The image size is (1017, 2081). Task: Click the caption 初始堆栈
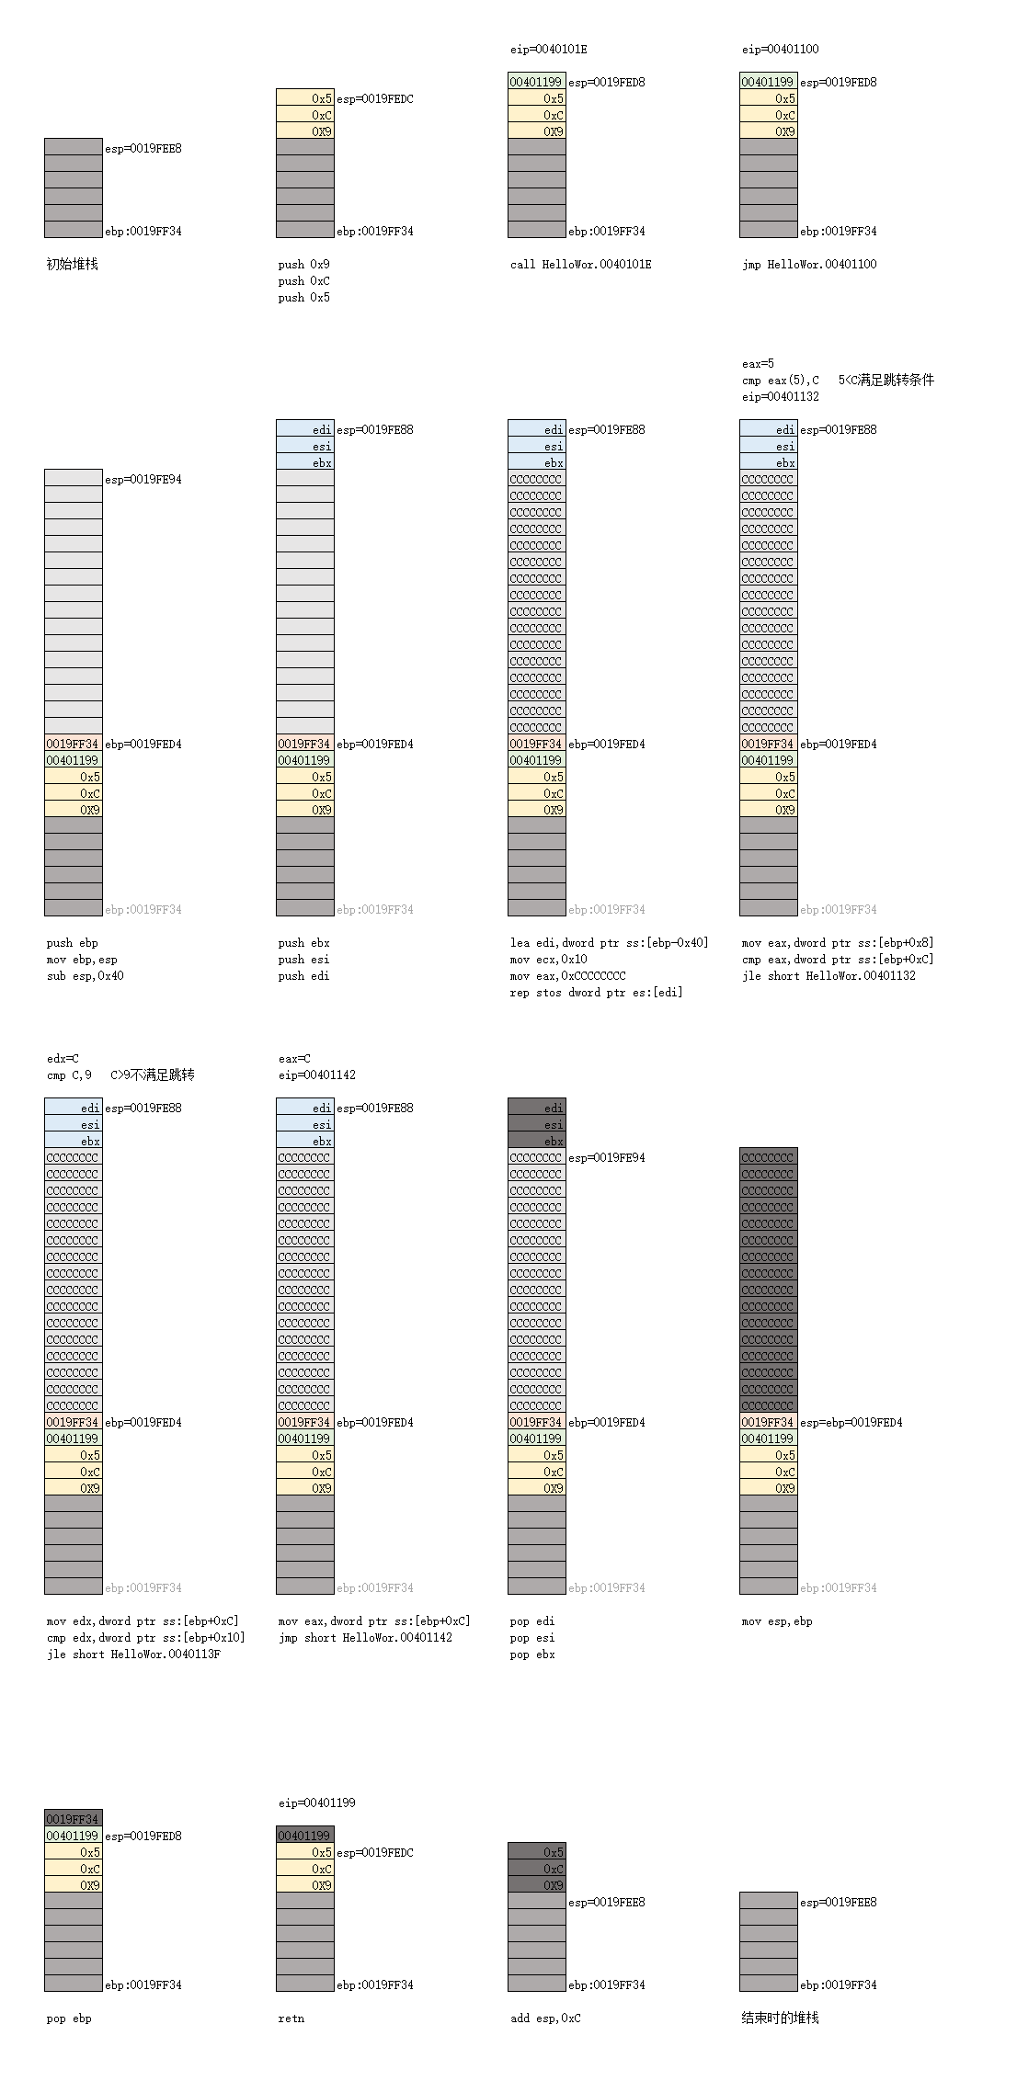pos(73,265)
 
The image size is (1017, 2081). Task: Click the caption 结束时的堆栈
pos(780,2018)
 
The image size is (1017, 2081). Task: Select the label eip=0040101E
pos(548,50)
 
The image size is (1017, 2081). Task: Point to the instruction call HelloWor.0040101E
pos(580,265)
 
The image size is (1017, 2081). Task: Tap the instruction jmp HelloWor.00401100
pos(809,265)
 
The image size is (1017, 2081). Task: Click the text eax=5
pos(758,364)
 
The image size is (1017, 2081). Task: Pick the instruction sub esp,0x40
pos(85,976)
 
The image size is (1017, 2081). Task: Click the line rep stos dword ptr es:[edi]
pos(596,993)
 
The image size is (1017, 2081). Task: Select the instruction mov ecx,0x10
pos(548,960)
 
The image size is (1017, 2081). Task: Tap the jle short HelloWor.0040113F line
pos(133,1655)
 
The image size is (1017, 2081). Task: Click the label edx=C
pos(63,1059)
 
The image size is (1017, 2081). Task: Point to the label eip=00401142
pos(316,1075)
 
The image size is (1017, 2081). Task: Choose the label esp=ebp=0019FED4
pos(851,1423)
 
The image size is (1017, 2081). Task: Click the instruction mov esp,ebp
pos(777,1621)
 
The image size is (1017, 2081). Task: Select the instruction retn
pos(291,2018)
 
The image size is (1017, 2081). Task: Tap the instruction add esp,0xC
pos(545,2018)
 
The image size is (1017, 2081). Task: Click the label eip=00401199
pos(316,1803)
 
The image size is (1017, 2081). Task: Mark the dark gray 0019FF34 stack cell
pos(73,1820)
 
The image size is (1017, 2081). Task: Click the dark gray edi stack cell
pos(537,1109)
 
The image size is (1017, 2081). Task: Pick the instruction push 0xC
pos(303,281)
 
